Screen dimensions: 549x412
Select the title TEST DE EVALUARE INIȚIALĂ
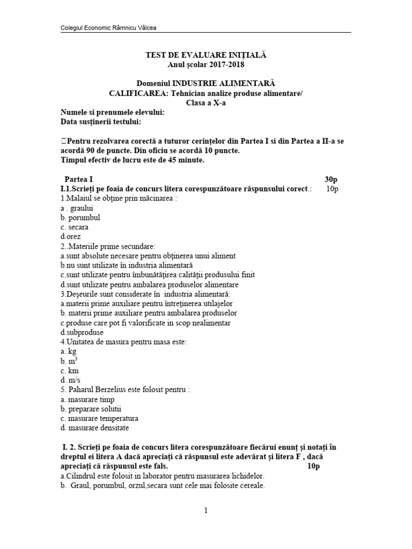(x=206, y=55)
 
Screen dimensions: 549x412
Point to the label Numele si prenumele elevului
(x=112, y=112)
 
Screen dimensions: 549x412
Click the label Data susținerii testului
(x=101, y=122)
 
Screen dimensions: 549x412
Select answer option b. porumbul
(x=80, y=218)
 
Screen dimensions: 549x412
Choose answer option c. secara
(x=75, y=227)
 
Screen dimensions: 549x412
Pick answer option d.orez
(x=71, y=236)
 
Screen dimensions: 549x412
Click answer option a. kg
(x=69, y=351)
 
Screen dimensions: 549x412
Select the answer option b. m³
(x=70, y=361)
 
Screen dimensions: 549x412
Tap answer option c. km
(x=69, y=370)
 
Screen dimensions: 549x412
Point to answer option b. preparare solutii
(x=87, y=409)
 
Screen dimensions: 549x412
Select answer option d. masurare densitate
(x=95, y=428)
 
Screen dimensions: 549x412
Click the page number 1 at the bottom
(x=205, y=511)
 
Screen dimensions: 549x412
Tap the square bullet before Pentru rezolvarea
(x=64, y=141)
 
